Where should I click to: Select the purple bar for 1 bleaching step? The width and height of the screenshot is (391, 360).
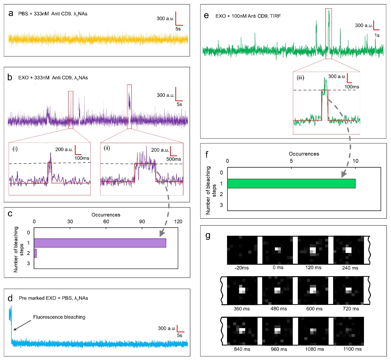click(100, 243)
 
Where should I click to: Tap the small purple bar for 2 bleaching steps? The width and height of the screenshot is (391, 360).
click(35, 253)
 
